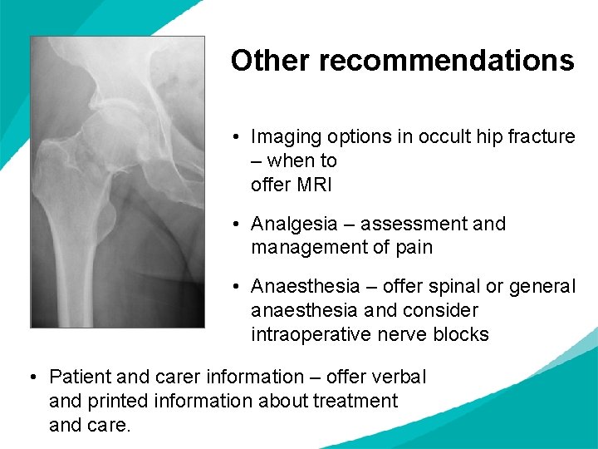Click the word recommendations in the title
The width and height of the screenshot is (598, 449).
point(446,61)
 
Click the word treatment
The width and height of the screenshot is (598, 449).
point(355,402)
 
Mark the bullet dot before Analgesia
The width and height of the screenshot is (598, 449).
point(237,224)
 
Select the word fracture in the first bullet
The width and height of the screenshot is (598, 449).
point(544,136)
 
